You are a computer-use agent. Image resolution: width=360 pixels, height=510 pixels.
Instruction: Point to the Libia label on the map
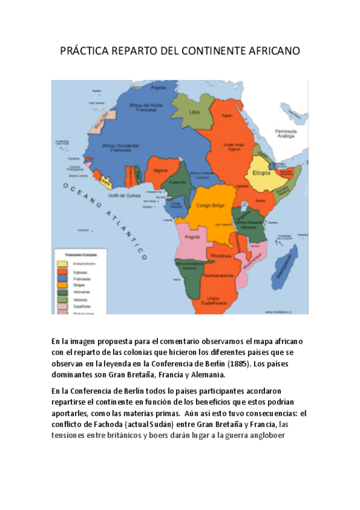click(x=194, y=112)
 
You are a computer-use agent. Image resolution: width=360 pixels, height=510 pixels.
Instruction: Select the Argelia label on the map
click(x=158, y=87)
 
